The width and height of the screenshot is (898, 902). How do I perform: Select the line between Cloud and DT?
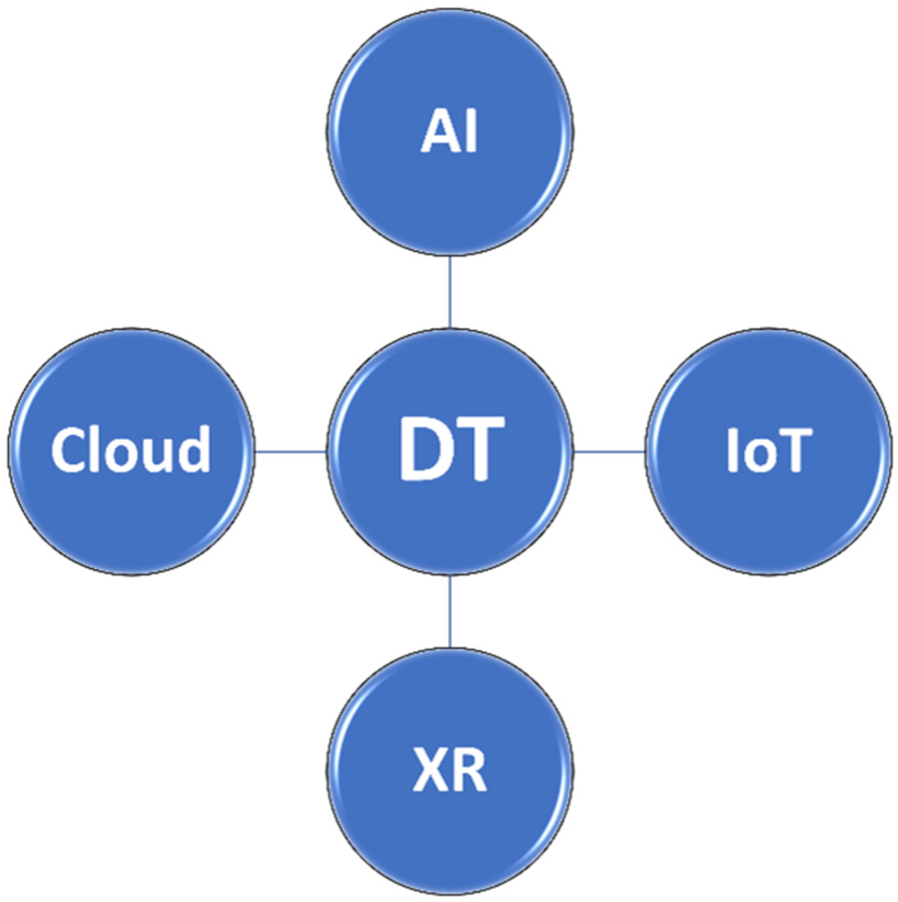click(290, 452)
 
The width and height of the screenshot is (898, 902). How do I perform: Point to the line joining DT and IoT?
click(609, 452)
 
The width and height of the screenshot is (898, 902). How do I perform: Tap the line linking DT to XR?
click(450, 611)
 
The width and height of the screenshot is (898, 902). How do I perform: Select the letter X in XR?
click(428, 770)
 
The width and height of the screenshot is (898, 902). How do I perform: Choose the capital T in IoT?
click(789, 450)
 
